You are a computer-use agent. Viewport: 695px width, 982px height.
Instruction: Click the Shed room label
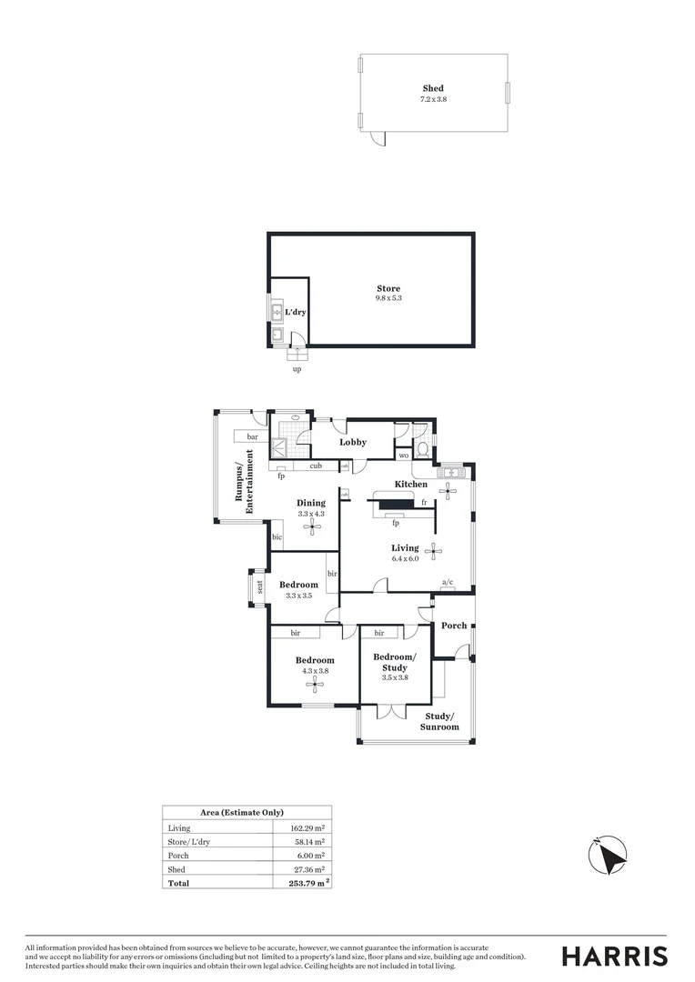tap(433, 89)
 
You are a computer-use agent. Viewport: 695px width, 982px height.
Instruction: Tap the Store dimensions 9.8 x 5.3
tap(388, 298)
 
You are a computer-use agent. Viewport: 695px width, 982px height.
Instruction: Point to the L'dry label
tap(296, 313)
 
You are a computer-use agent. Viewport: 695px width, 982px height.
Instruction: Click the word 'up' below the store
tap(297, 369)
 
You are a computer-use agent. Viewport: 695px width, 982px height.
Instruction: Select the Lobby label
tap(353, 443)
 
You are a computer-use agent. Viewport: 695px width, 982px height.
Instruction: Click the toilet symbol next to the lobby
tap(420, 449)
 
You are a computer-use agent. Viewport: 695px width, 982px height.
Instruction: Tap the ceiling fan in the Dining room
tap(311, 525)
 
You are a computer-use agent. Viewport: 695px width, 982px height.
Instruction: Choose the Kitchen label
tap(410, 485)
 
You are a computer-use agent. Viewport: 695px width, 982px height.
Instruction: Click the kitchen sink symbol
tap(450, 473)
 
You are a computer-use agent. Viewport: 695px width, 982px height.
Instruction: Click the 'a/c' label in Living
tap(448, 582)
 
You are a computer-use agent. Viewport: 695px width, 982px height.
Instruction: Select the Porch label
tap(454, 626)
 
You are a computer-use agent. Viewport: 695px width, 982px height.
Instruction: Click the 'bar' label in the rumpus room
tap(253, 437)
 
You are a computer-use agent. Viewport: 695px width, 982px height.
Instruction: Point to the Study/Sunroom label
tap(439, 722)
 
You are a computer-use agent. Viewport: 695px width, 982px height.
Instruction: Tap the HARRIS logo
tap(614, 956)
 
